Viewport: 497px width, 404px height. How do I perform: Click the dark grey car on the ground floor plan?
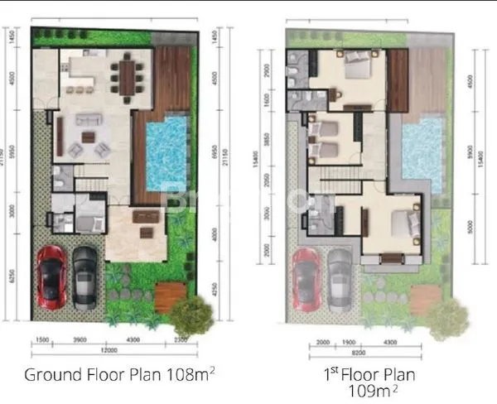pyautogui.click(x=85, y=273)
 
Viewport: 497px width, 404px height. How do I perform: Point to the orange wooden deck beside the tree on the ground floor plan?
pyautogui.click(x=170, y=296)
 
